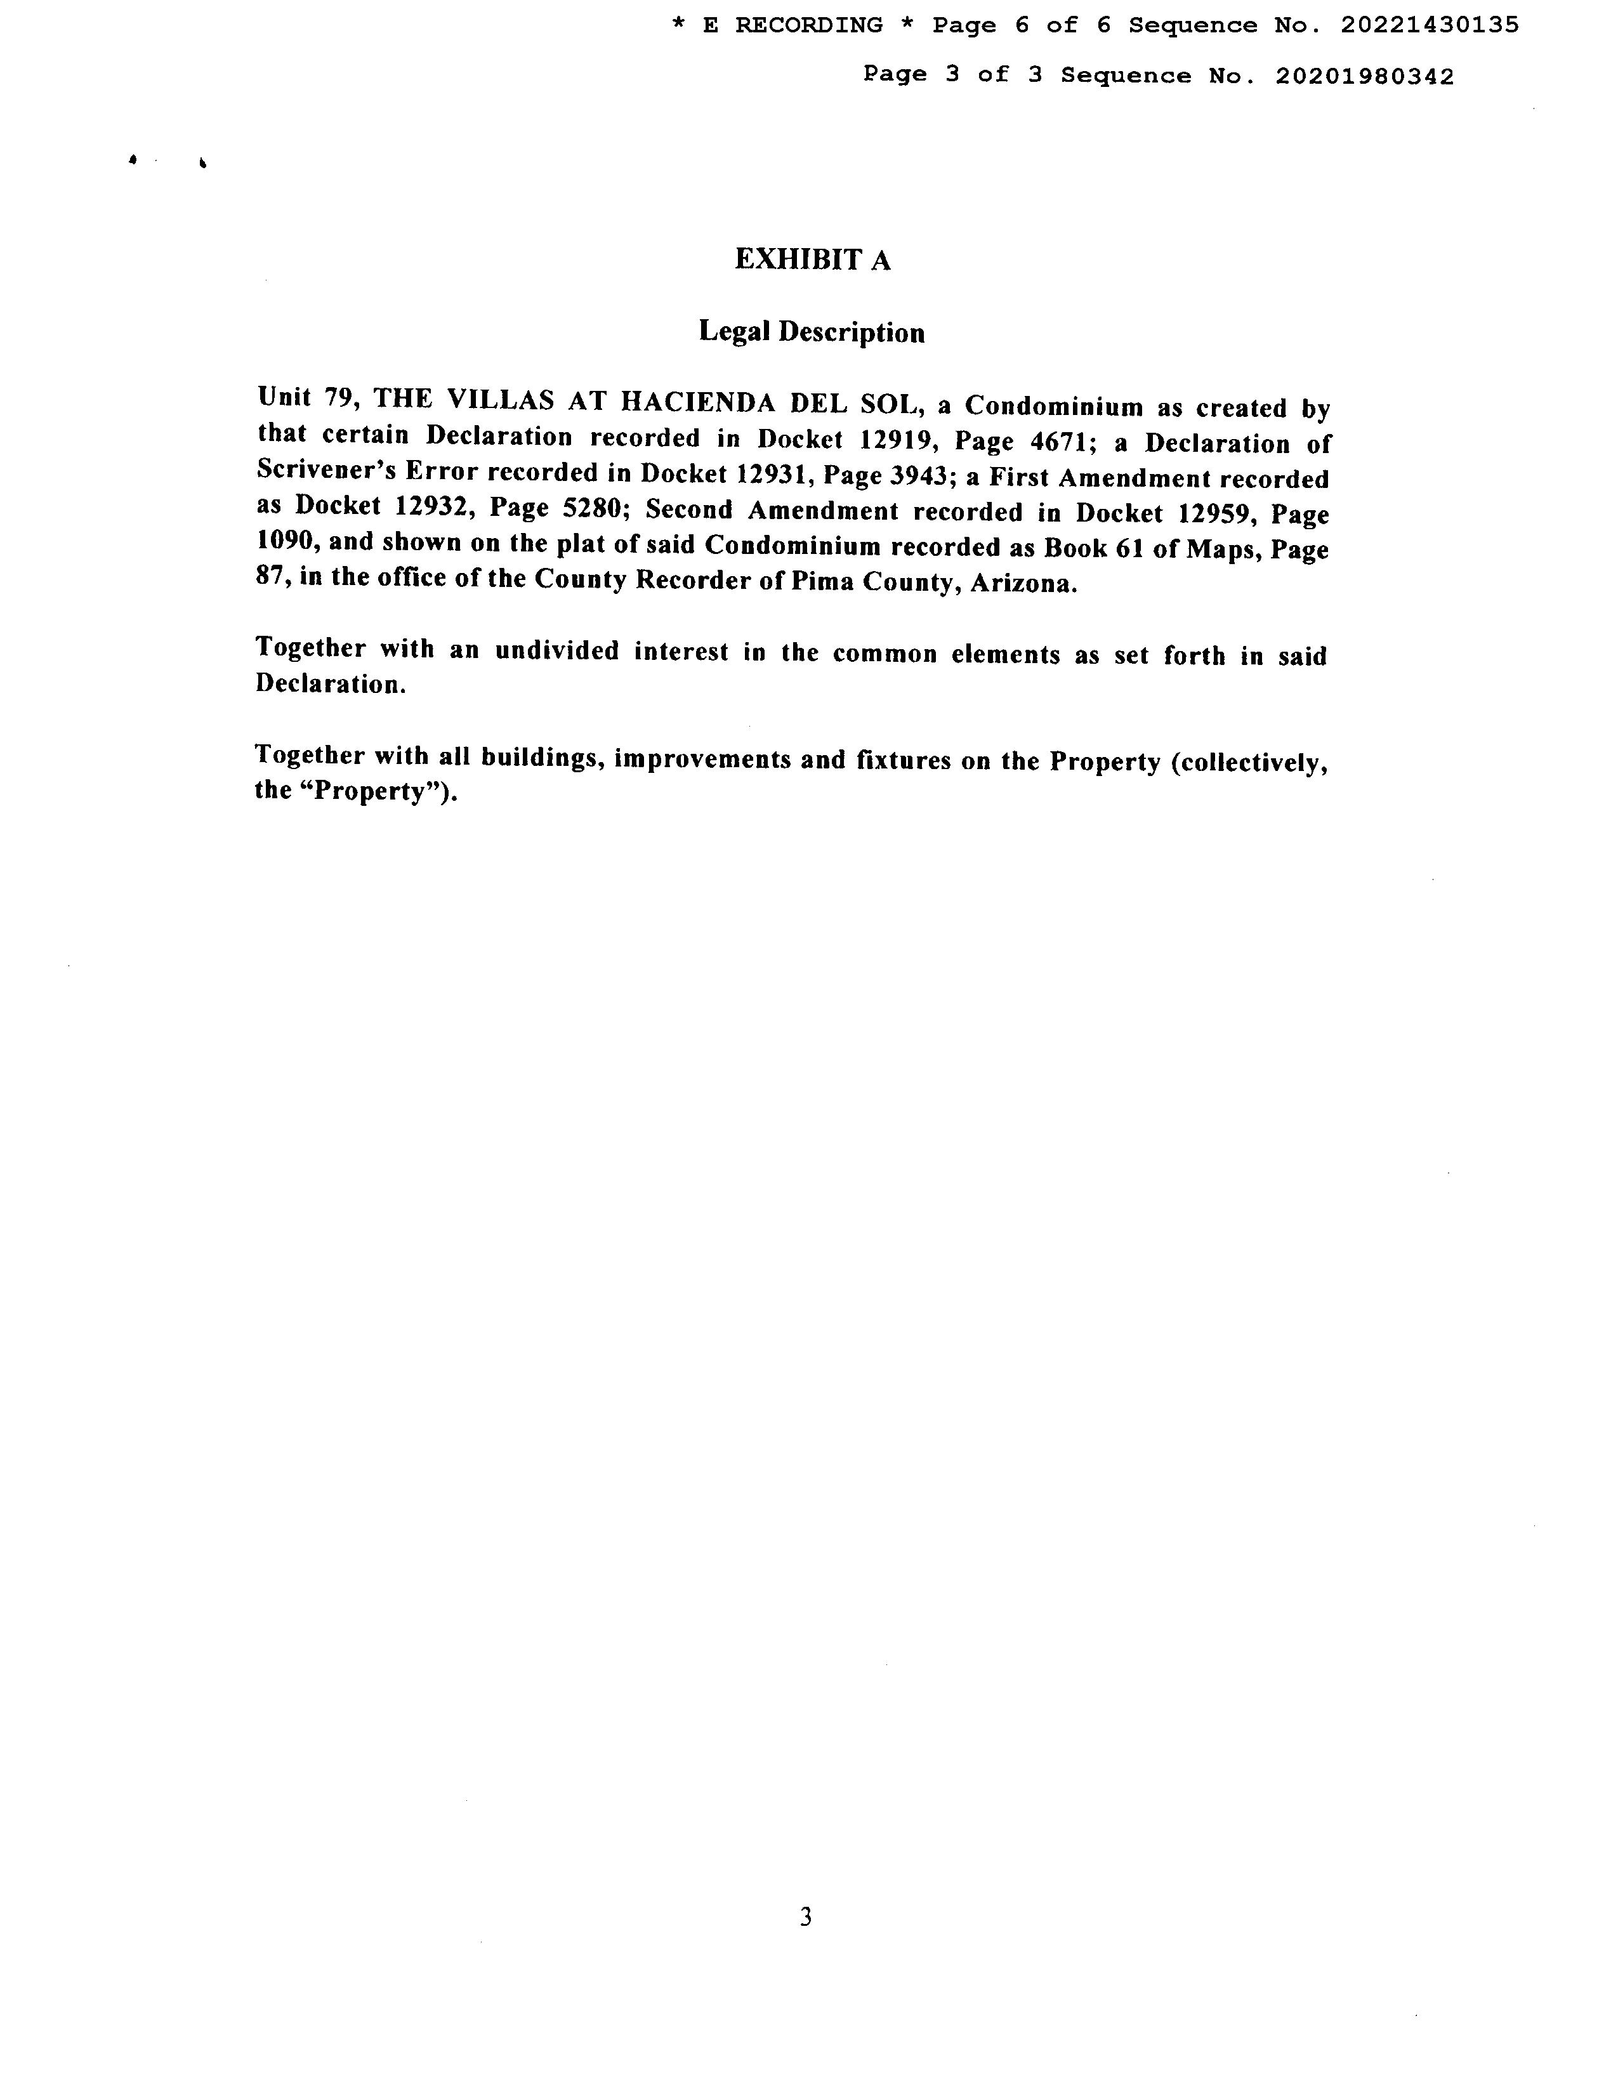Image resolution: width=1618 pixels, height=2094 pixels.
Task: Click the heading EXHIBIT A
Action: (812, 260)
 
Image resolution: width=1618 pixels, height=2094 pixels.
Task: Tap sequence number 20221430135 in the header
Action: (1429, 26)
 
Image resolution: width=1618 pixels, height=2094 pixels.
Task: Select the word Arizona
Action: (1023, 584)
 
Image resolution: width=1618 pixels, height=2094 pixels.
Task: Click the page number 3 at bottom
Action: (805, 1916)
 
